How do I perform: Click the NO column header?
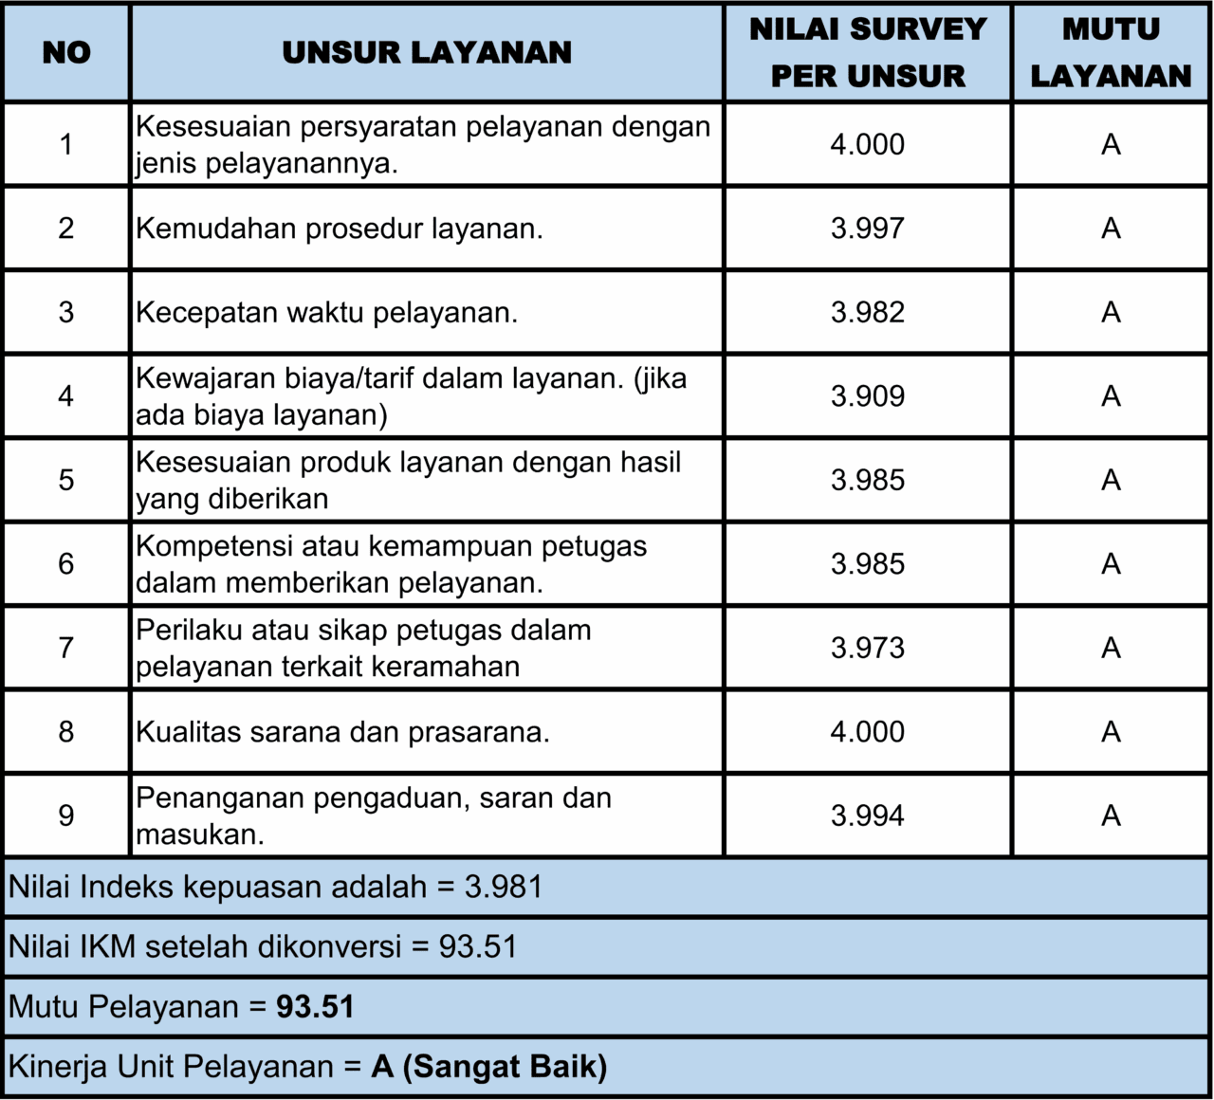click(66, 53)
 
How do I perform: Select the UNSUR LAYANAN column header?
click(427, 53)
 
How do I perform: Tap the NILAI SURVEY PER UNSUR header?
click(868, 53)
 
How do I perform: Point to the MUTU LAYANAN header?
click(1111, 53)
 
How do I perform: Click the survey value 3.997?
click(868, 229)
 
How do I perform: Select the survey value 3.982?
click(868, 312)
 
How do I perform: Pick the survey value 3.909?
click(868, 396)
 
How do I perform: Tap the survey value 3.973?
click(868, 648)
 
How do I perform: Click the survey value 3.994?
click(868, 816)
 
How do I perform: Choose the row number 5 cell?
click(66, 480)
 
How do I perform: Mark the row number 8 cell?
click(66, 732)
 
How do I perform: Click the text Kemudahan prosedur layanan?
click(340, 229)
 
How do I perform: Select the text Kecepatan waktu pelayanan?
click(327, 312)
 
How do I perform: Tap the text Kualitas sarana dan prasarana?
click(342, 732)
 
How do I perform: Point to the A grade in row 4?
click(1111, 396)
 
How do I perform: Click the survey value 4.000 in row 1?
click(868, 145)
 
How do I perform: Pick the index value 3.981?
click(504, 888)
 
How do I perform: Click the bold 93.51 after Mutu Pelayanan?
click(316, 1007)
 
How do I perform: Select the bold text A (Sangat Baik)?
click(489, 1067)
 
